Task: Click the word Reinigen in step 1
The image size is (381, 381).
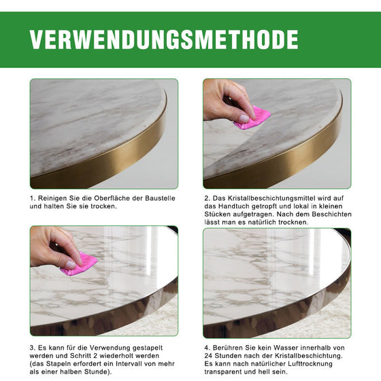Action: coord(52,198)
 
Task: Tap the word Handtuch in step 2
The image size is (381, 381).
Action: coord(242,206)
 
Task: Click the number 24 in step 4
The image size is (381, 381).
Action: coord(209,355)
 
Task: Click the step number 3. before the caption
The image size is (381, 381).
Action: coord(33,347)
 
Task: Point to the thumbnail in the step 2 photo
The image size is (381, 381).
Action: coord(244,118)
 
